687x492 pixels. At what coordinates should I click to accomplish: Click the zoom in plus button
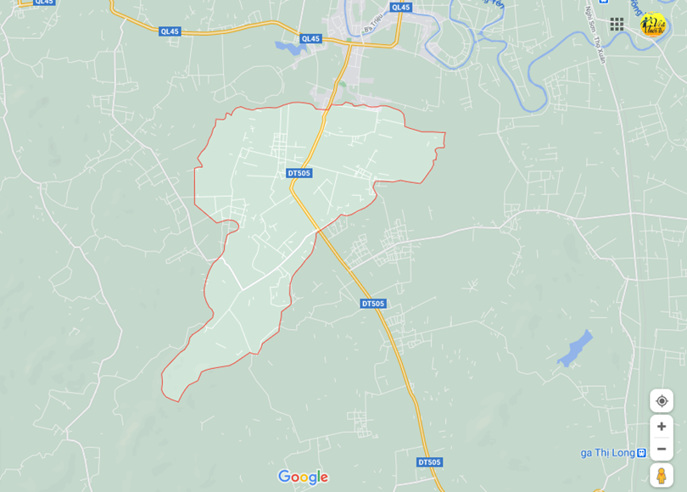coord(662,426)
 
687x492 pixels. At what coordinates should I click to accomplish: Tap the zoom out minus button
coord(662,449)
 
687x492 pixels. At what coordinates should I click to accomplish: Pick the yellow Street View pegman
coord(662,475)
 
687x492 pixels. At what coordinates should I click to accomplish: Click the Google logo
coord(303,478)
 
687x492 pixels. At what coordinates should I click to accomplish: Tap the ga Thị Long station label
coord(607,453)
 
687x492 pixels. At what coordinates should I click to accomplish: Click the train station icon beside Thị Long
coord(641,453)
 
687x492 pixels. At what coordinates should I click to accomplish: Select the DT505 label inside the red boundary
coord(299,173)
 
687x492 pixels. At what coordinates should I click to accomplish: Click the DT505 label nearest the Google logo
coord(429,462)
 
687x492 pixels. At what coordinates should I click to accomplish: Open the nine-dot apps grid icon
coord(617,24)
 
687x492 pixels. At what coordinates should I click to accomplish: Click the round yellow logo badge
coord(652,25)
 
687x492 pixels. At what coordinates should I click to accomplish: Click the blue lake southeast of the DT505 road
coord(575,348)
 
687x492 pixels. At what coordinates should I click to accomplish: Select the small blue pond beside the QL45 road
coord(290,48)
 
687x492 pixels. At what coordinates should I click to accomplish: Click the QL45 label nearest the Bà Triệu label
coord(400,8)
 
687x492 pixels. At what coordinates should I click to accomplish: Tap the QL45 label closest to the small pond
coord(311,39)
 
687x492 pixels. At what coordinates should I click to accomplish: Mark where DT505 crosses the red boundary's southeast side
coord(317,230)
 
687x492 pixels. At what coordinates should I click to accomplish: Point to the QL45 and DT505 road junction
coord(349,42)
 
